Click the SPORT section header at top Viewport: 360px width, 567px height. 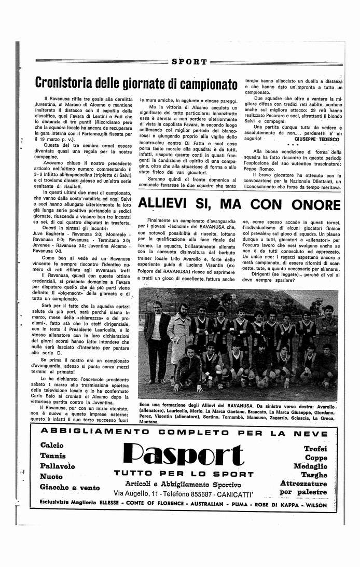click(x=189, y=62)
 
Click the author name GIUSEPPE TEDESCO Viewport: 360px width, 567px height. click(x=317, y=140)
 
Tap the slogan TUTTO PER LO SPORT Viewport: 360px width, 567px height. click(x=184, y=474)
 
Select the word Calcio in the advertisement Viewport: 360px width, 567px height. click(x=51, y=445)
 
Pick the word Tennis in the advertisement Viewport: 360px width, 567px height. click(x=52, y=455)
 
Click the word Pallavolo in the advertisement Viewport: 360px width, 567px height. click(x=57, y=466)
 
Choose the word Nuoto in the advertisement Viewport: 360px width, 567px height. click(x=51, y=476)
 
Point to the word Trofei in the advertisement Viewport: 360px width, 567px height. click(x=315, y=448)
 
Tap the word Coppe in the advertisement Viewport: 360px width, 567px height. click(x=316, y=458)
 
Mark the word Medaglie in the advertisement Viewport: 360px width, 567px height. click(x=310, y=466)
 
